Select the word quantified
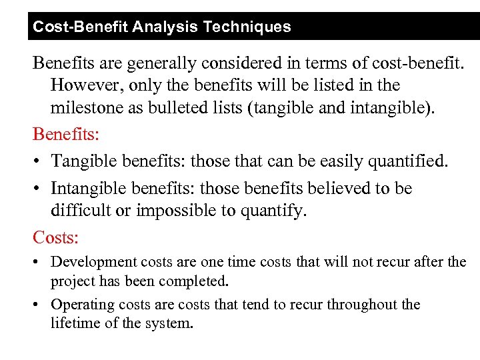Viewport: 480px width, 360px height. tap(409, 161)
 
